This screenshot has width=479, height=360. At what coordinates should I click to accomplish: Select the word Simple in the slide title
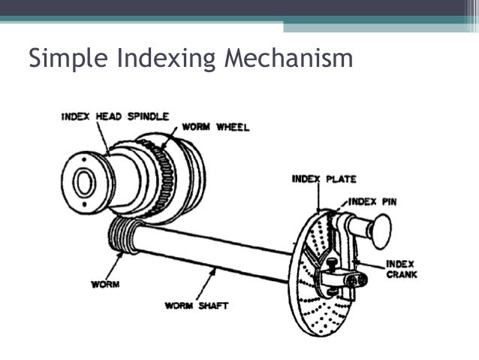(63, 59)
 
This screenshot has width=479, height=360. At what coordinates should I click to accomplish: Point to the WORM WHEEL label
(215, 127)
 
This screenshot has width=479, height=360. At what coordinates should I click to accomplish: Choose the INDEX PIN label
(375, 201)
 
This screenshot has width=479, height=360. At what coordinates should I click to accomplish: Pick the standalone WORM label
(105, 286)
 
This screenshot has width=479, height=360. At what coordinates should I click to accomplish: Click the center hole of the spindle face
(83, 181)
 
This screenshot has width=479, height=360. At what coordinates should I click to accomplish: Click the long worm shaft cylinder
(218, 252)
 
